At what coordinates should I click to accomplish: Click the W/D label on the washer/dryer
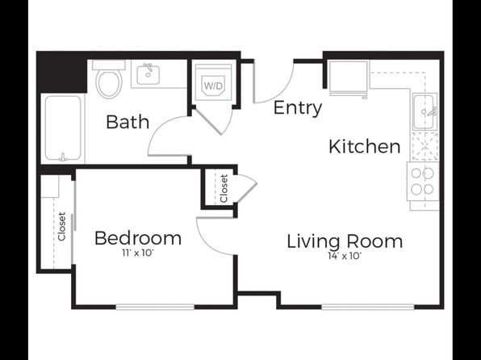214,86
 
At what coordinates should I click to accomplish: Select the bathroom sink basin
148,74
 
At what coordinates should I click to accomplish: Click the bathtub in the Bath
63,128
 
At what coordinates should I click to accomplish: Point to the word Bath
128,122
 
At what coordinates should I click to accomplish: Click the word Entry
298,108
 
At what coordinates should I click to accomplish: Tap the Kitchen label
365,147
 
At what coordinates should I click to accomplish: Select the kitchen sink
425,111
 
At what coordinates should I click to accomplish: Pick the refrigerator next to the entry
349,77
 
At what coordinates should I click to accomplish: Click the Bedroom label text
138,238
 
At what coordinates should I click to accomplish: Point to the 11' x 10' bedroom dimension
137,253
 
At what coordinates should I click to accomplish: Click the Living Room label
345,241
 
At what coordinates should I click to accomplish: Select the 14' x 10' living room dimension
345,256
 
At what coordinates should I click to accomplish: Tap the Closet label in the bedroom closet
62,227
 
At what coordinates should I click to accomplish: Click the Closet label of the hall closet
224,188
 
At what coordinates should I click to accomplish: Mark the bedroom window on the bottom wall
155,307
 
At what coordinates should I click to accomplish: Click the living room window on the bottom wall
368,307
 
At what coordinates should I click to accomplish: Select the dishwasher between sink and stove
425,146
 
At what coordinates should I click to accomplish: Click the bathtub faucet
63,157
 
